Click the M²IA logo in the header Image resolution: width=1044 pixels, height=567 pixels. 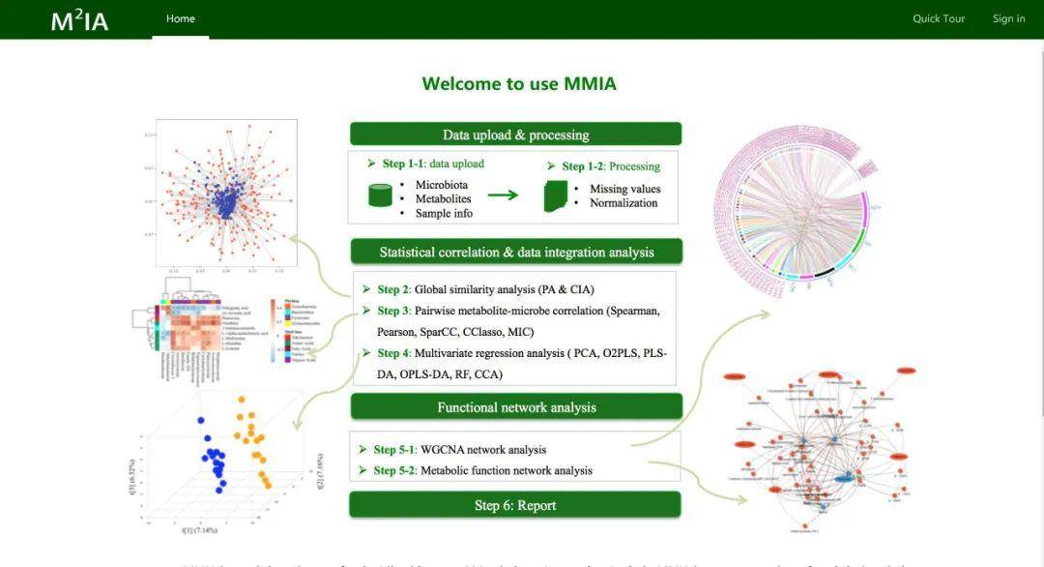(x=79, y=20)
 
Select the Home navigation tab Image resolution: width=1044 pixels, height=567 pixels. (x=181, y=18)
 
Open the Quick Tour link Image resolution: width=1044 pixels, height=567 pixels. (x=939, y=18)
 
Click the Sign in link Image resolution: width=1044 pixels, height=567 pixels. (x=1008, y=18)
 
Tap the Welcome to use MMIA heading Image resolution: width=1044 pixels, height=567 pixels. (x=519, y=83)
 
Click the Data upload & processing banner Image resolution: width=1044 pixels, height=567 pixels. (x=515, y=134)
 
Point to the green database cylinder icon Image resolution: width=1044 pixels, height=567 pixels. (x=381, y=194)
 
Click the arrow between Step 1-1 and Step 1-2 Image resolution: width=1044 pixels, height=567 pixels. (x=502, y=194)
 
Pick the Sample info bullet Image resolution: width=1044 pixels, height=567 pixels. (x=444, y=213)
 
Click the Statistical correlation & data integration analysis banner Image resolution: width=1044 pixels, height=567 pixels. (x=515, y=252)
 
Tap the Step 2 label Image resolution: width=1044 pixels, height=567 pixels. (x=393, y=289)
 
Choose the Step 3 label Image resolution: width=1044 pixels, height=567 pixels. (x=393, y=311)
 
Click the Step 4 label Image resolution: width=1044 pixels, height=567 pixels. (x=393, y=353)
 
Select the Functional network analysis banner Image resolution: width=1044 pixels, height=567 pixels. (x=515, y=406)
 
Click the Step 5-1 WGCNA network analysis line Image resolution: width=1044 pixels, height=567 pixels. (x=460, y=449)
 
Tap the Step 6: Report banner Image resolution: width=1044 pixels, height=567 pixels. (x=515, y=505)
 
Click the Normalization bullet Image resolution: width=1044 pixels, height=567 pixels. (x=623, y=203)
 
